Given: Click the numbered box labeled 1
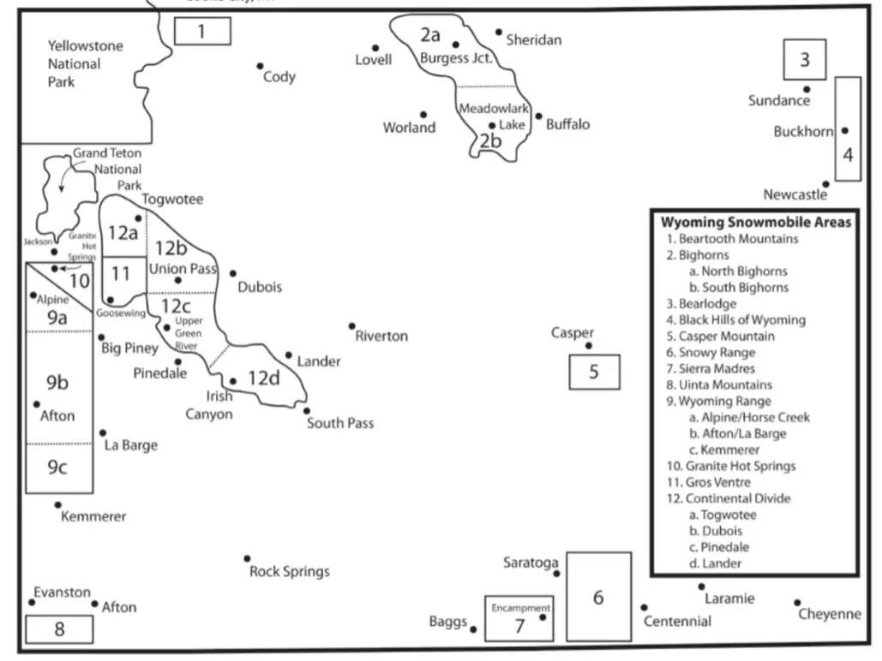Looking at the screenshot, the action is (x=202, y=32).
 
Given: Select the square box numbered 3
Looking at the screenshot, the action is (x=804, y=60).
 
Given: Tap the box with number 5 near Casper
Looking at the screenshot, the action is (x=593, y=372).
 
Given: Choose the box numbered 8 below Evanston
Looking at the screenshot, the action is (x=59, y=629).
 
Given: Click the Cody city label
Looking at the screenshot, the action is (x=279, y=77).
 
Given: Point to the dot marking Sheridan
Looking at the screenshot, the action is (x=499, y=33).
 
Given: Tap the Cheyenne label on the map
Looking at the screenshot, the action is (x=829, y=614).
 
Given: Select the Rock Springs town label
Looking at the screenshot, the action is (x=289, y=571).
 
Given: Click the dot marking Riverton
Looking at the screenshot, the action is (x=351, y=326).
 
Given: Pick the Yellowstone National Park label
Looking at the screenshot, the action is (x=74, y=63).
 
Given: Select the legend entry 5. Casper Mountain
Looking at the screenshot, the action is (x=720, y=336).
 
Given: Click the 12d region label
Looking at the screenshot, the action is (x=264, y=378).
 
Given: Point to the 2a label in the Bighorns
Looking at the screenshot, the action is (x=430, y=35).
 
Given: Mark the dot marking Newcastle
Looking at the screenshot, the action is (x=825, y=184).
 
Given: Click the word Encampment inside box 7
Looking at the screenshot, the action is (x=520, y=608).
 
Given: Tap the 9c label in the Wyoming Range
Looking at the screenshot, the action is (x=57, y=467).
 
